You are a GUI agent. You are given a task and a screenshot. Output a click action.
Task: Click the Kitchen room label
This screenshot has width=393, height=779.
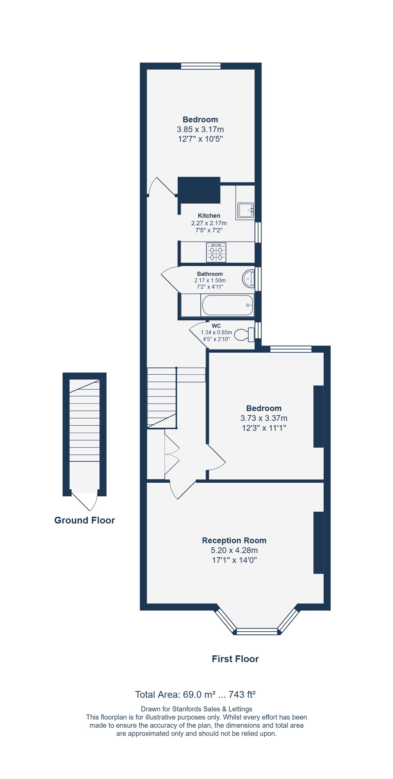tap(209, 216)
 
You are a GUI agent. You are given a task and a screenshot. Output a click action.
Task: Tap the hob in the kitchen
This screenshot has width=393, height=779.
tap(216, 252)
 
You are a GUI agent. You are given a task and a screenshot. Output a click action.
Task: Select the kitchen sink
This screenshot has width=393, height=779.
tap(246, 210)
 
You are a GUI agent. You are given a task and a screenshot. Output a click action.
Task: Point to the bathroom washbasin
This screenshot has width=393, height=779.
tap(248, 279)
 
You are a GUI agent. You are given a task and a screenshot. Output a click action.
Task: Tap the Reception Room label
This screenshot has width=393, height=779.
tap(234, 541)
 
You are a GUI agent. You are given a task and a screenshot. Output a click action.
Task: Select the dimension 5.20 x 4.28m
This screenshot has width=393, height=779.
tap(234, 550)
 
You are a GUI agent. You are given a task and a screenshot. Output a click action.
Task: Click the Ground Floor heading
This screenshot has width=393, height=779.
tap(85, 520)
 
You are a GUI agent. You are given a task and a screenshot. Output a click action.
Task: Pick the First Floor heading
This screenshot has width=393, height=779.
tap(235, 659)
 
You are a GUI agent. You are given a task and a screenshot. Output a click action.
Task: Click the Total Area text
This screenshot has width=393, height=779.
tap(195, 695)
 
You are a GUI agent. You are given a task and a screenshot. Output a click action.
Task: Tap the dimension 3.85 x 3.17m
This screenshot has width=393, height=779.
tap(200, 129)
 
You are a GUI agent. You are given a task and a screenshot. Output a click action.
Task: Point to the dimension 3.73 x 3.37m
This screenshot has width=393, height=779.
tap(264, 418)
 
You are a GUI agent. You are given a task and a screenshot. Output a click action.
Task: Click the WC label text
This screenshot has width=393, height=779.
tap(216, 326)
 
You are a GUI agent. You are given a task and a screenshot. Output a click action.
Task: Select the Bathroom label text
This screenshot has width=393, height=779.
tap(210, 274)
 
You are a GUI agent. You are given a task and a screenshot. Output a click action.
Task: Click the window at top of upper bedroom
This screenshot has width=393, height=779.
tap(201, 66)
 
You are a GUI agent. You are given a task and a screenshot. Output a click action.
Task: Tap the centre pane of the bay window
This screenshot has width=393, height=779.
tap(257, 632)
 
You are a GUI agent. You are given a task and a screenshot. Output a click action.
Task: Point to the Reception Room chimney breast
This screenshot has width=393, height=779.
tap(319, 543)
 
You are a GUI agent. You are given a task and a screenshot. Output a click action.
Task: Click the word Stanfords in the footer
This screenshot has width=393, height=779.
tap(187, 709)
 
